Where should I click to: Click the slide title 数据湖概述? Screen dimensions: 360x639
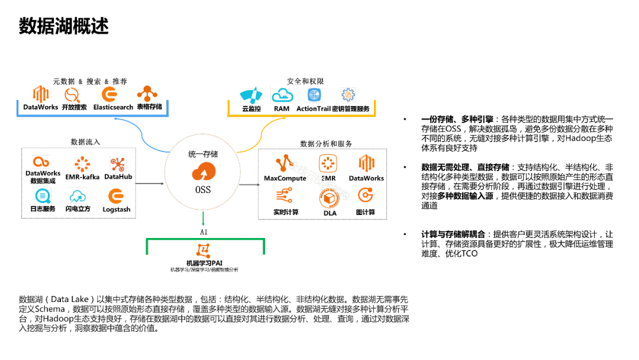(x=64, y=27)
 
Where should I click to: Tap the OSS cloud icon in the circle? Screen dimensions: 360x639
(x=203, y=173)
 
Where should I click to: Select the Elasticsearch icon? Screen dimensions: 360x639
(x=109, y=94)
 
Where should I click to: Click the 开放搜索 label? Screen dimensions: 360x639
(x=74, y=107)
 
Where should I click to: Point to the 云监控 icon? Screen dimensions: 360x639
(x=251, y=95)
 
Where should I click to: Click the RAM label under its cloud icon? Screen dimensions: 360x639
(x=281, y=108)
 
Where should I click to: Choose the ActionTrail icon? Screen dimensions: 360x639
(x=315, y=95)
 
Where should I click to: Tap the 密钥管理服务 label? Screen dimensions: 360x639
(x=350, y=108)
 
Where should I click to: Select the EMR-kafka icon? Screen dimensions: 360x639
(x=82, y=163)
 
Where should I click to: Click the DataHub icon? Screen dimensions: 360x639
(x=118, y=163)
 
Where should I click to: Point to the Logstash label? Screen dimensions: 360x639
(x=116, y=209)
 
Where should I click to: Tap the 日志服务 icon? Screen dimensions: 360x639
(x=43, y=196)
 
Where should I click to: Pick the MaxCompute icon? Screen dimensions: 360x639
(x=285, y=163)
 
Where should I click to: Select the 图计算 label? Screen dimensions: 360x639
(x=365, y=212)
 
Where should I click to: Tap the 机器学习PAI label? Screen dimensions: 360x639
(x=204, y=262)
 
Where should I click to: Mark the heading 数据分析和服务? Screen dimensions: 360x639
(x=326, y=144)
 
